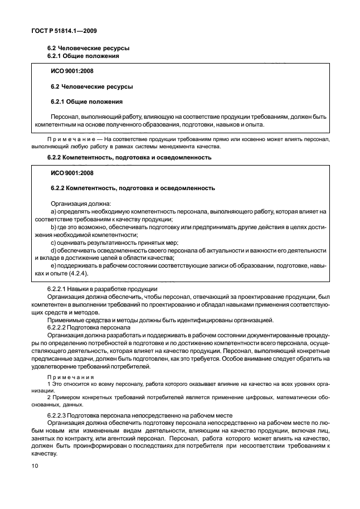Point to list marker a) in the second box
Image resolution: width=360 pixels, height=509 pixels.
pos(53,212)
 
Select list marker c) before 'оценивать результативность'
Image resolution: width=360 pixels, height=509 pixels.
pos(53,243)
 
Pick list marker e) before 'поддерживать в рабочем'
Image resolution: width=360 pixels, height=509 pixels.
pos(53,266)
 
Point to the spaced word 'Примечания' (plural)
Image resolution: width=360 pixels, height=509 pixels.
pos(70,378)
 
